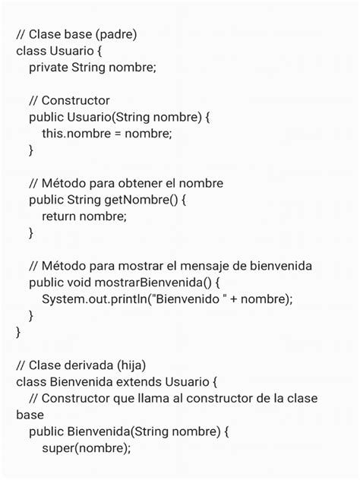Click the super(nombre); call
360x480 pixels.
[x=87, y=448]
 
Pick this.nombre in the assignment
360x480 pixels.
[x=74, y=134]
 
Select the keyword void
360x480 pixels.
[x=84, y=283]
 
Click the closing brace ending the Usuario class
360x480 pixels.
[x=19, y=332]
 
